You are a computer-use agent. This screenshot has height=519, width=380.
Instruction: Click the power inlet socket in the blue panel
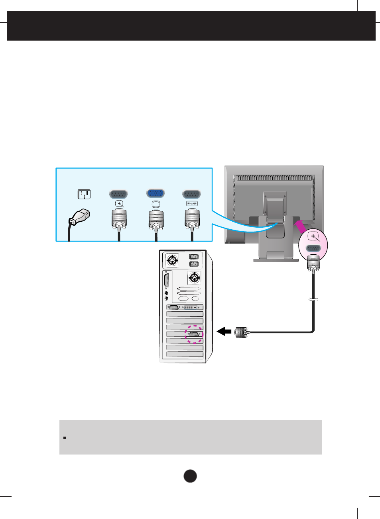click(x=84, y=194)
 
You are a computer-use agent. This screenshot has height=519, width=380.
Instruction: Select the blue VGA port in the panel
click(x=156, y=193)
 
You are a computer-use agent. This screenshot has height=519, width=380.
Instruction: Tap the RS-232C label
click(x=192, y=203)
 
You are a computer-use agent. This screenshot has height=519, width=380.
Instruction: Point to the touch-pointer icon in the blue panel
click(x=119, y=204)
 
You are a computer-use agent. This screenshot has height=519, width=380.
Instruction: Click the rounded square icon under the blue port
click(x=156, y=204)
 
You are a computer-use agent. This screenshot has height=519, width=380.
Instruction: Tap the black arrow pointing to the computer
click(x=224, y=331)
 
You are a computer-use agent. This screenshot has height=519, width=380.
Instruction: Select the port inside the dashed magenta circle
click(x=194, y=334)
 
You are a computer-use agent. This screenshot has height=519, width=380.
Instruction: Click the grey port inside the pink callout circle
click(x=313, y=248)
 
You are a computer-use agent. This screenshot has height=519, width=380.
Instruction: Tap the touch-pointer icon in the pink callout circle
click(x=314, y=237)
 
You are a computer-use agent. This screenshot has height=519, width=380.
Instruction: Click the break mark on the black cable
click(x=313, y=299)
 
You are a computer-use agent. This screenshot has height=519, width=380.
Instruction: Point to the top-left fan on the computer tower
click(x=172, y=261)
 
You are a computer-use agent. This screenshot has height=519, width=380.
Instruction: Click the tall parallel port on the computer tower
click(x=167, y=281)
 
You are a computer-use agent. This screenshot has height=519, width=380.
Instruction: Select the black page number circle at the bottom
click(x=190, y=476)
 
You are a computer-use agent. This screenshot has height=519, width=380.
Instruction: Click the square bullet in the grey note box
click(x=64, y=438)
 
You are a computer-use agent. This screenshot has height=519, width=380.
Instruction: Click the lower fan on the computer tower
click(x=194, y=277)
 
